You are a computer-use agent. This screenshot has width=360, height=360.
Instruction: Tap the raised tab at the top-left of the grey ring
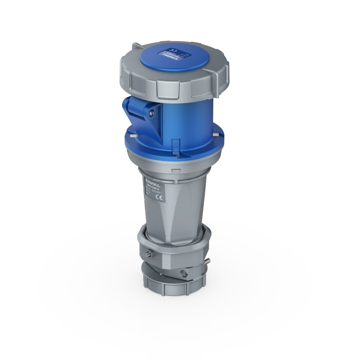tap(135, 46)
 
